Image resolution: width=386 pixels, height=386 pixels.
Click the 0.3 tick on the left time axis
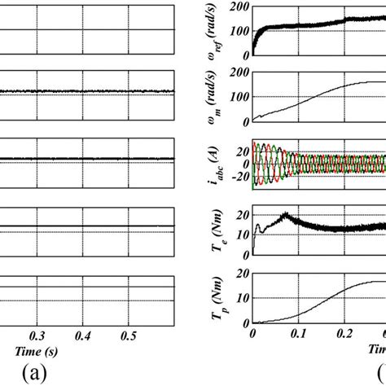tap(36, 335)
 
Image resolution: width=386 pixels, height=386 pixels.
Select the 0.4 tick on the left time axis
tap(82, 335)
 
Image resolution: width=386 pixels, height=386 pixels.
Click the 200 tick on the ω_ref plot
tap(239, 7)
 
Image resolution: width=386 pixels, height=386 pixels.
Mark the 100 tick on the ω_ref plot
tap(239, 31)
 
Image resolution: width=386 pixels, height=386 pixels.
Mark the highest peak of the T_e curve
tap(286, 214)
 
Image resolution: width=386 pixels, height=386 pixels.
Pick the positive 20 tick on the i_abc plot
tap(241, 151)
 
